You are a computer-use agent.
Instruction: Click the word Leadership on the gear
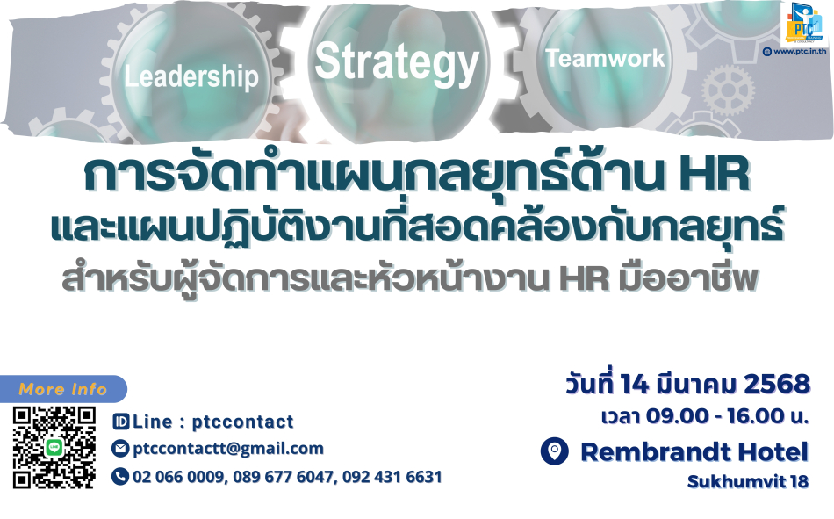(x=191, y=76)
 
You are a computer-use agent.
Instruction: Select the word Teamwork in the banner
(x=605, y=58)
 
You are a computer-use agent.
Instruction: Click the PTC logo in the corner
(x=805, y=24)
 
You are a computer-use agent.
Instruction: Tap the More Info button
(x=63, y=389)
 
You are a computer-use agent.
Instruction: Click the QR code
(x=54, y=448)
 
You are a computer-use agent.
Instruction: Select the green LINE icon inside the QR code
(x=54, y=447)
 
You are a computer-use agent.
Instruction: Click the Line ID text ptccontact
(x=242, y=422)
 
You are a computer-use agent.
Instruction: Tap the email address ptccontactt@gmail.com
(x=228, y=449)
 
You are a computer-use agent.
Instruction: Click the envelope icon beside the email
(x=120, y=449)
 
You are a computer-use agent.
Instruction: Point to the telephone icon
(x=120, y=477)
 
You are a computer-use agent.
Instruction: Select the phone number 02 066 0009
(x=177, y=477)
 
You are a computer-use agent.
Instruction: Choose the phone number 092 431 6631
(x=392, y=477)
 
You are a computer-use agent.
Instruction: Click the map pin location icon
(x=554, y=451)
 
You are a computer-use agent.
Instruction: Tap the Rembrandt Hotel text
(x=694, y=452)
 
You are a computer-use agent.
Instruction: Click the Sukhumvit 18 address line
(x=748, y=482)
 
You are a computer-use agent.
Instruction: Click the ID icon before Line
(x=121, y=422)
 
